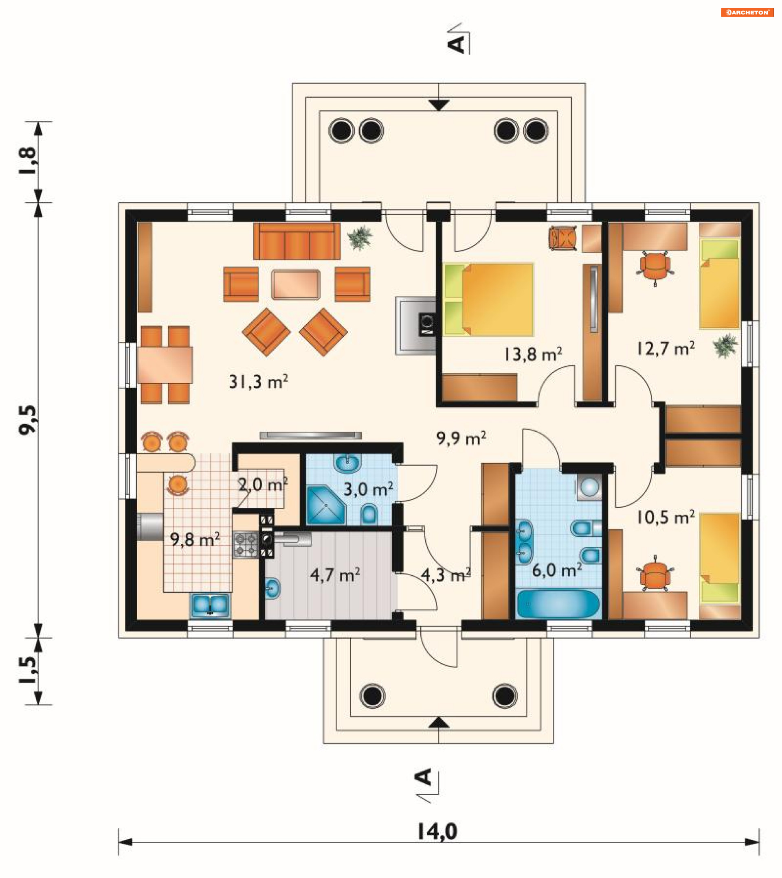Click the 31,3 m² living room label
[258, 382]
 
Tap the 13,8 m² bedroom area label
[533, 354]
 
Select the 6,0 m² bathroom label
[557, 570]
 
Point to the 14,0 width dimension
[438, 832]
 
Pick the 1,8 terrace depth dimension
[29, 161]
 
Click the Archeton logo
[747, 13]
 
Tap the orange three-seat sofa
[297, 240]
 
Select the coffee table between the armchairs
[296, 284]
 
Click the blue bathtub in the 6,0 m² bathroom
[558, 604]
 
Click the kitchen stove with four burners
[246, 545]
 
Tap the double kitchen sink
[210, 605]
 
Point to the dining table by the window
[165, 365]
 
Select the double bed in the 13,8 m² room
[488, 299]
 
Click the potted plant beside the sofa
[360, 237]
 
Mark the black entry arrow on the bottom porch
[439, 722]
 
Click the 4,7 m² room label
[335, 575]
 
